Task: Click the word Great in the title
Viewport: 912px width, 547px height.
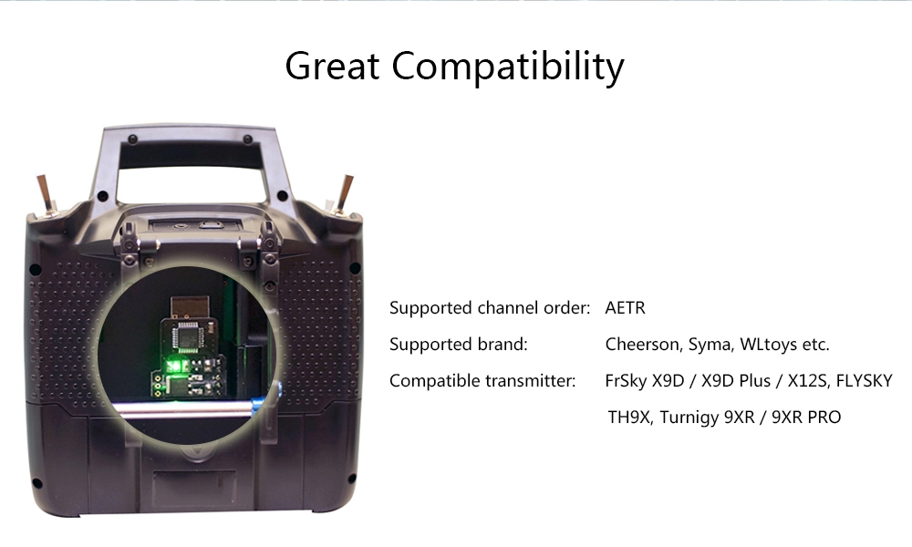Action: tap(332, 65)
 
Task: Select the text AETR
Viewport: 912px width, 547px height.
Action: tap(626, 307)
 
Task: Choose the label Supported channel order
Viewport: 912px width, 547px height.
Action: tap(490, 307)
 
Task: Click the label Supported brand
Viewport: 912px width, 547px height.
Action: tap(459, 344)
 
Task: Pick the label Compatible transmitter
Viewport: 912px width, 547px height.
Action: tap(482, 381)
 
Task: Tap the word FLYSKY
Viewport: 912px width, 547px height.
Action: tap(864, 381)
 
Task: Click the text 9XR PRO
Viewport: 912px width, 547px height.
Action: tap(806, 418)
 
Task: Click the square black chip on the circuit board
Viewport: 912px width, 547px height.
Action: tap(187, 337)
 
